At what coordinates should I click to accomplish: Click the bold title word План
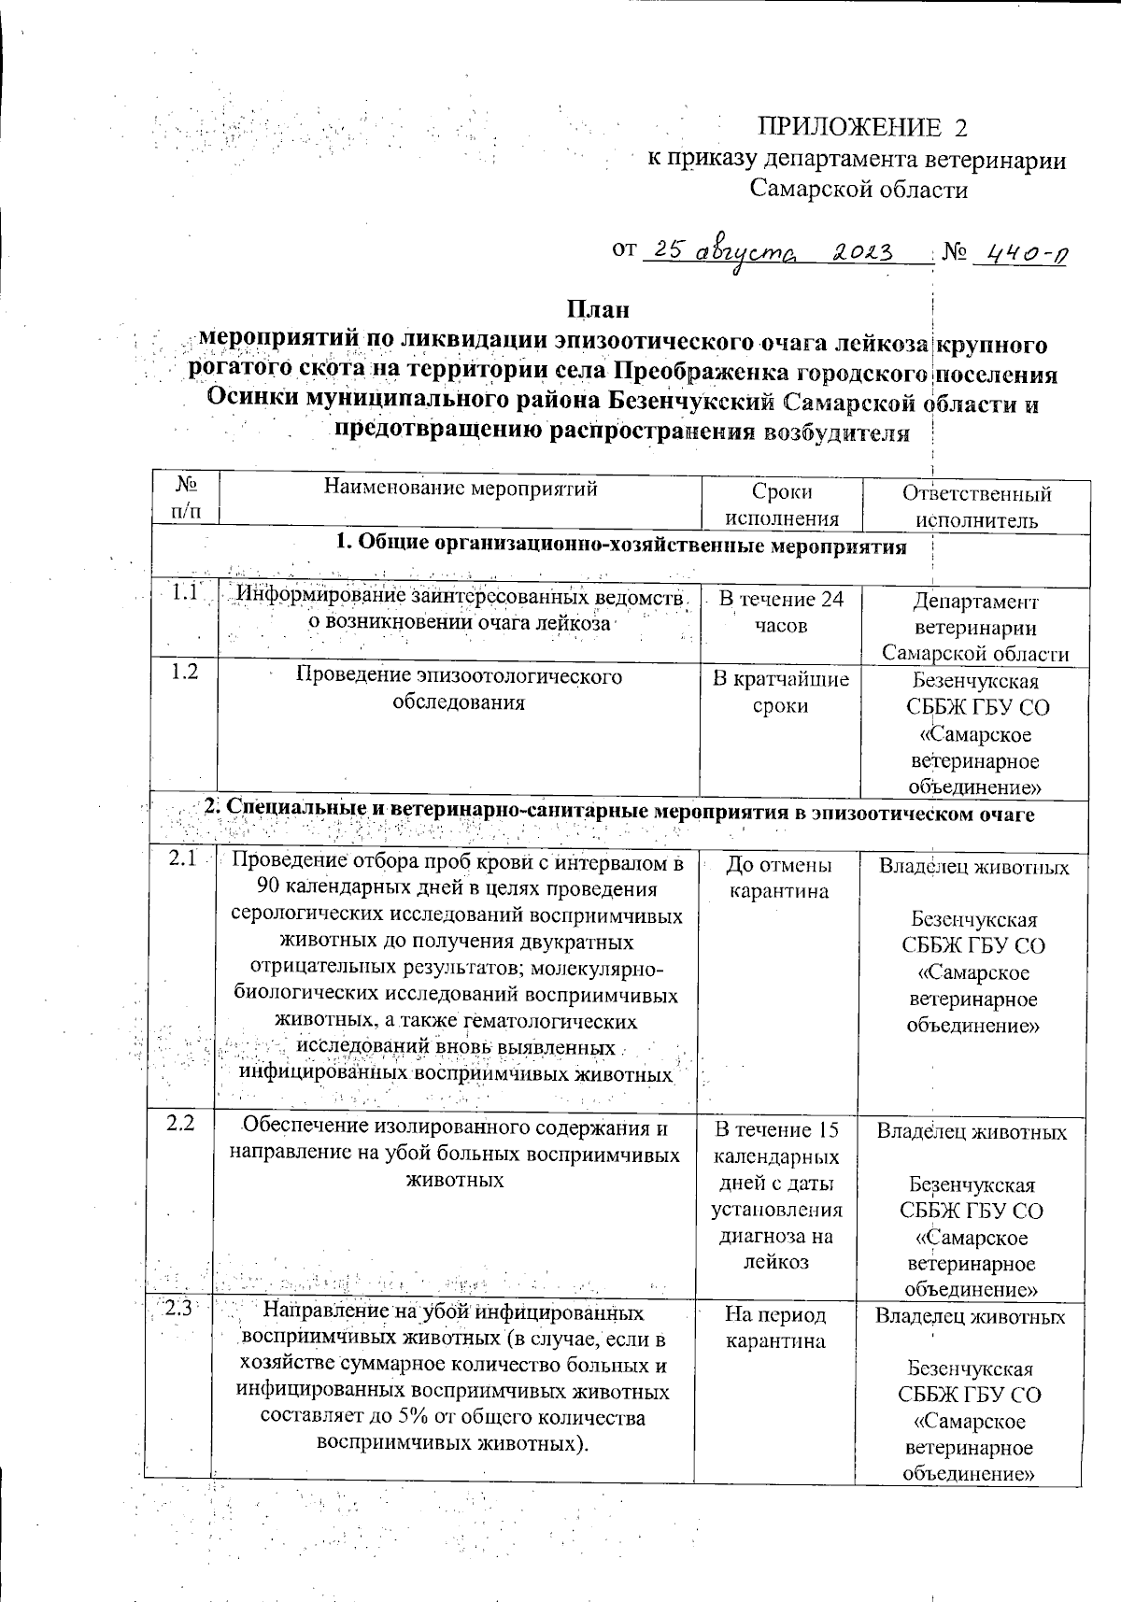click(x=598, y=308)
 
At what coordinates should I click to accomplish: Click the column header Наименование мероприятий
click(x=460, y=488)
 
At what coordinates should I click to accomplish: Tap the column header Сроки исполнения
click(x=781, y=504)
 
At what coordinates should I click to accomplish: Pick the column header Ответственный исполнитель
click(x=976, y=505)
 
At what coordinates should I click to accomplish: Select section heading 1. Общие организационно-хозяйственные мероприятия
click(x=621, y=546)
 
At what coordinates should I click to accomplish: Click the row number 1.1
click(x=186, y=592)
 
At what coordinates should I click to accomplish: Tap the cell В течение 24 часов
click(x=781, y=613)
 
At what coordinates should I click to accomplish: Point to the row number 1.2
click(x=185, y=671)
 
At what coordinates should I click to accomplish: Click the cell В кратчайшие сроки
click(x=781, y=692)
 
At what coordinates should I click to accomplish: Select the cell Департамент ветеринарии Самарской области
click(x=976, y=627)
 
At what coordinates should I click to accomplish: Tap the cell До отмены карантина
click(x=779, y=878)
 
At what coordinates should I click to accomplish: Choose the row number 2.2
click(x=180, y=1124)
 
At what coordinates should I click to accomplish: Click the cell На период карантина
click(x=775, y=1327)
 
